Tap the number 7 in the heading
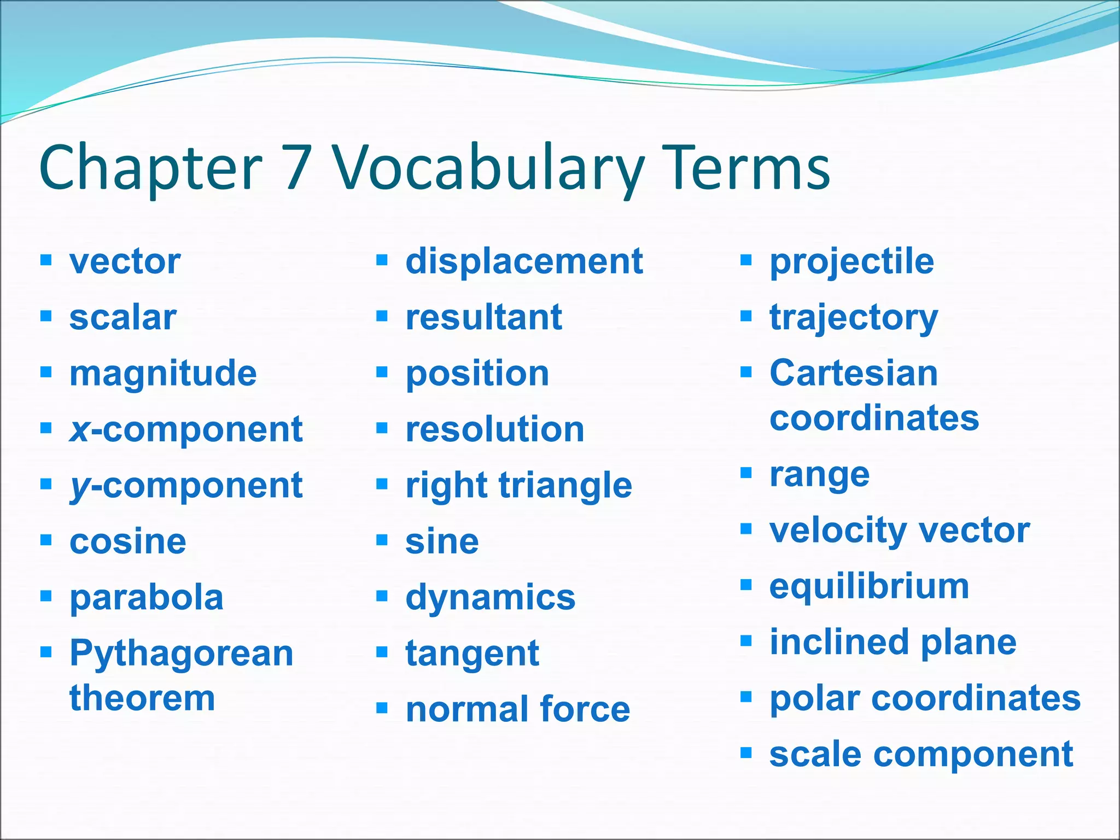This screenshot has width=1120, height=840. tap(298, 167)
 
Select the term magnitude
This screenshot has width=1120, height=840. tap(163, 374)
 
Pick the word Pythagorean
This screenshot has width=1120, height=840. tap(182, 654)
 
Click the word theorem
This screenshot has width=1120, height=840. tap(142, 698)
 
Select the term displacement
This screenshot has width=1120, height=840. tap(524, 261)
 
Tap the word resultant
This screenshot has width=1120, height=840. tap(483, 317)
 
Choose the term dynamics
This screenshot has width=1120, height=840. tap(490, 597)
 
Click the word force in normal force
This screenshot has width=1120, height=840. tap(585, 710)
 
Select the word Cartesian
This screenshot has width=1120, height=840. tap(854, 374)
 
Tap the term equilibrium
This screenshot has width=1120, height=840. tap(869, 587)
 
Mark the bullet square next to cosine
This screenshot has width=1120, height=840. tap(46, 540)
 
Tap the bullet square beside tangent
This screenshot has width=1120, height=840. tap(382, 652)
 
